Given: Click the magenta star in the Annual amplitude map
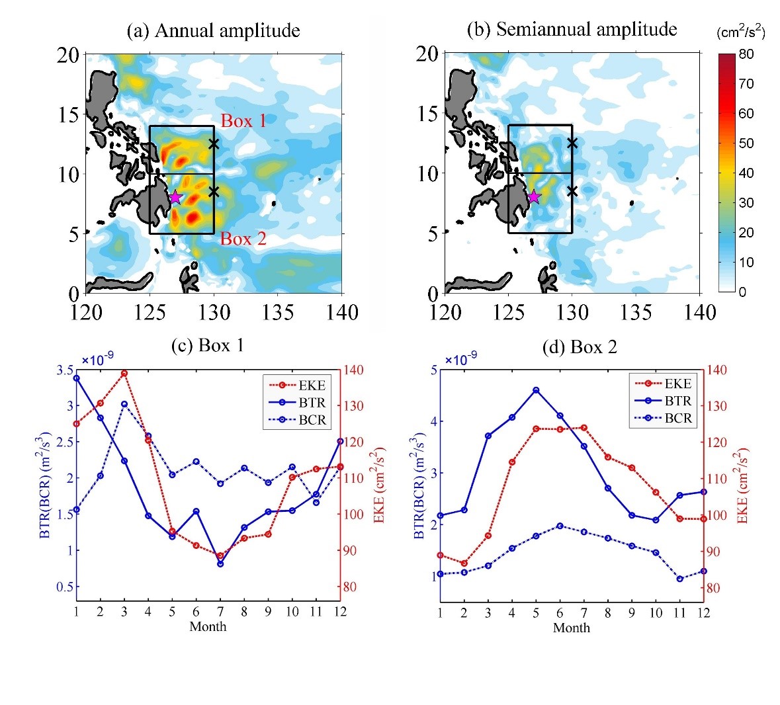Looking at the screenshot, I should (x=175, y=197).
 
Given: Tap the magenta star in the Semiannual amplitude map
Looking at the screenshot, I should (x=534, y=196).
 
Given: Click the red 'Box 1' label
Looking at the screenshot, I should (x=243, y=121).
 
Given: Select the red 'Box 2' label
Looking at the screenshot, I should (x=243, y=239).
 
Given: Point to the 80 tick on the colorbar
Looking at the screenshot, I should (x=746, y=54).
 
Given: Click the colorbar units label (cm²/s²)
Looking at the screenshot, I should (x=740, y=32).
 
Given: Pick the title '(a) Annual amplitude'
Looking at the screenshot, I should (x=213, y=30).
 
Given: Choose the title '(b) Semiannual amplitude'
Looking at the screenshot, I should (x=572, y=29).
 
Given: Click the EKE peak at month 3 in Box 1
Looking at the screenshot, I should (x=124, y=373).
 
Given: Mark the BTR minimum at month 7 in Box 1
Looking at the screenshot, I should (x=220, y=563).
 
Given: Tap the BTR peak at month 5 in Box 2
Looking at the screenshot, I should (x=536, y=390).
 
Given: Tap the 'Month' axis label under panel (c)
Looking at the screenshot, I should (x=208, y=626).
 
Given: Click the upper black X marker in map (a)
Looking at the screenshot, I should (x=213, y=144).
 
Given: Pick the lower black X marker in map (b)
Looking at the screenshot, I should (x=572, y=191).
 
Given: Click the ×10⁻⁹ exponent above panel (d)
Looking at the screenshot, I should (x=460, y=360).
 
